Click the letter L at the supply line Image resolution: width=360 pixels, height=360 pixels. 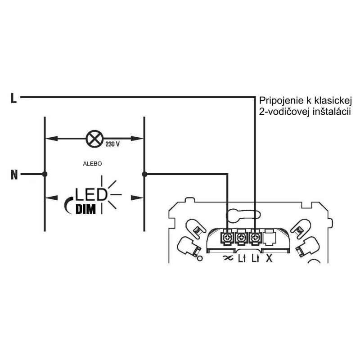(13, 98)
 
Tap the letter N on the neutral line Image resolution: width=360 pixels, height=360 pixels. (14, 175)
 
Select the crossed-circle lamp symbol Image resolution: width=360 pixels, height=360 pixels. (94, 139)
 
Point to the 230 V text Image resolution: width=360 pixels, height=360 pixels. (112, 144)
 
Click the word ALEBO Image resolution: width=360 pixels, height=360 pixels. (92, 164)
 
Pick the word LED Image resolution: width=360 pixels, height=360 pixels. (91, 195)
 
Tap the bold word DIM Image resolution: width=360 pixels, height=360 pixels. (85, 209)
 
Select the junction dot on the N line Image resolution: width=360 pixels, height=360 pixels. (45, 174)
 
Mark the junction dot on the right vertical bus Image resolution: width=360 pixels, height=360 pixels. (144, 175)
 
